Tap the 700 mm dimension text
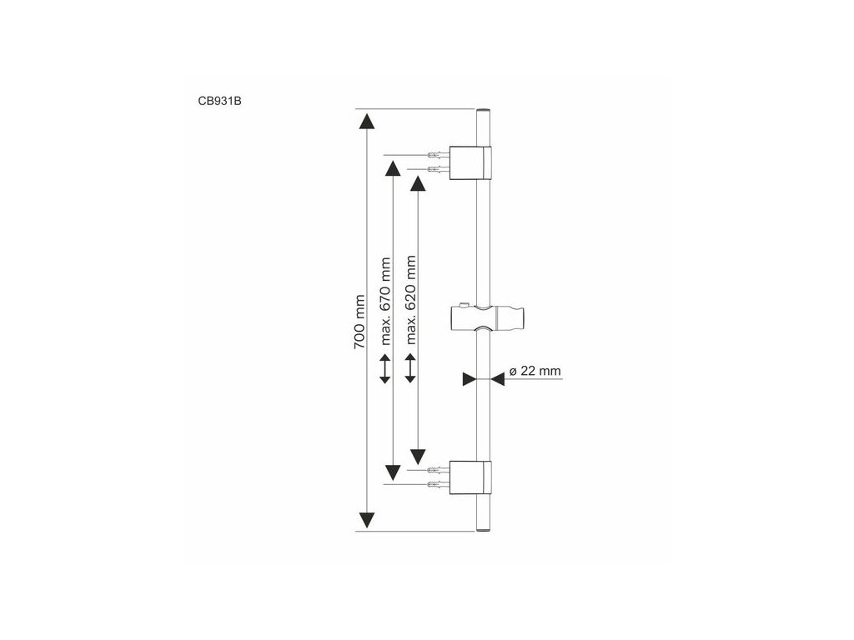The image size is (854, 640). (360, 322)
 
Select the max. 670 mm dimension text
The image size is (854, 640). (385, 300)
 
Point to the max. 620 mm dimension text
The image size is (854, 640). (410, 300)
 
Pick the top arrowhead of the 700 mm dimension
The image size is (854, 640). (365, 121)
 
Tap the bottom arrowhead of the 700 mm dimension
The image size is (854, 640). (365, 520)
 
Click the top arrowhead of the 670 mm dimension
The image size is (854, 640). (390, 168)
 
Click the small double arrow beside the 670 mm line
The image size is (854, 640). (384, 369)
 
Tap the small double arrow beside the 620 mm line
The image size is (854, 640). (409, 369)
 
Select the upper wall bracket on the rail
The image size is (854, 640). (471, 162)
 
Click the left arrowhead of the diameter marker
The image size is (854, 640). (468, 378)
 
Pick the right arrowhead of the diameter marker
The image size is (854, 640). (497, 378)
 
